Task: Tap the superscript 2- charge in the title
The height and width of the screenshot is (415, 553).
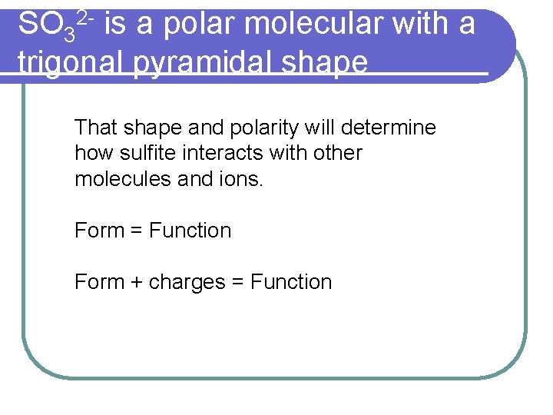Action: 85,17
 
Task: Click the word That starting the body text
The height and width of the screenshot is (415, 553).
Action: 94,128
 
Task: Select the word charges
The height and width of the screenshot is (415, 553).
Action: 186,283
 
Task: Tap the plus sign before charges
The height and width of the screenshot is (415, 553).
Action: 137,283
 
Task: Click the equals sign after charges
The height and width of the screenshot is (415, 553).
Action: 237,283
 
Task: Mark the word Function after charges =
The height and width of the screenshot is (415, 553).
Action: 291,282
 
